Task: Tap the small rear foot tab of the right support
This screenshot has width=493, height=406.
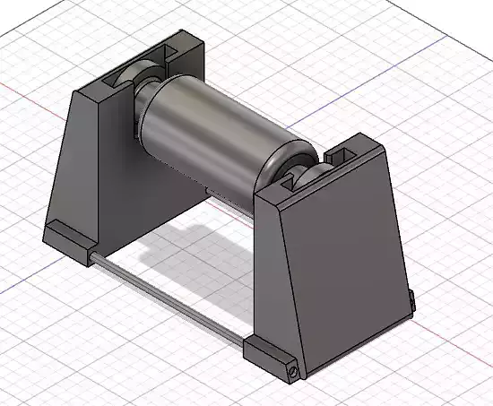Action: click(411, 302)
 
